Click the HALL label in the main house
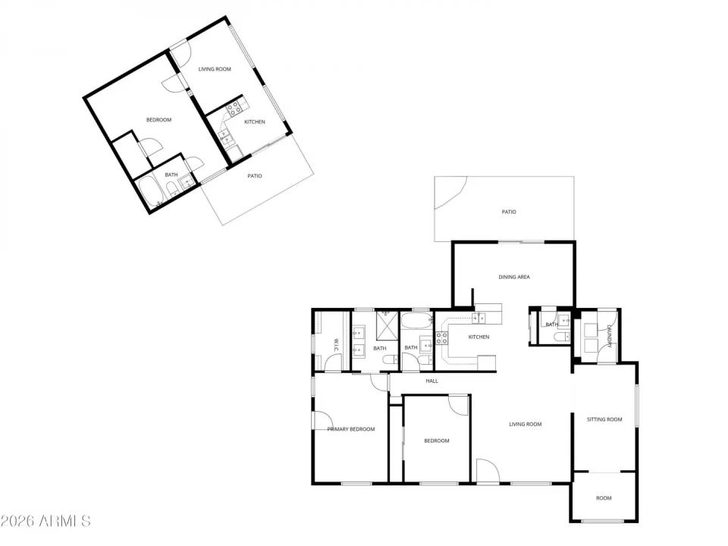432,381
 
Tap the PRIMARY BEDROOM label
351,429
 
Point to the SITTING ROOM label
604,419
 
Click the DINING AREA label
514,277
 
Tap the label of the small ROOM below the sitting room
604,498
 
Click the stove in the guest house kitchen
235,108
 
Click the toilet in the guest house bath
171,189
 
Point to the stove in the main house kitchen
441,338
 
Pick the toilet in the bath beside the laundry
560,336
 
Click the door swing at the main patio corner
449,193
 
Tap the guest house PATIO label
255,176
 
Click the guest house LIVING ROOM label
215,69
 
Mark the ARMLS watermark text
45,522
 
